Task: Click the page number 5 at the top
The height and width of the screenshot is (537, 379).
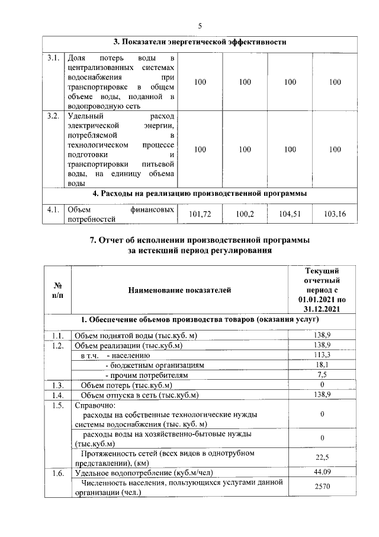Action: (x=200, y=25)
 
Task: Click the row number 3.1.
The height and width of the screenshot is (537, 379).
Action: (x=53, y=58)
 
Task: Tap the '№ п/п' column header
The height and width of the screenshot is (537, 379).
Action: (x=57, y=290)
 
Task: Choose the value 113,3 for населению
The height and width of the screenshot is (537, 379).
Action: (x=322, y=355)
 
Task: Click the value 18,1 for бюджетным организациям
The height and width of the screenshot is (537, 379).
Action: (x=322, y=366)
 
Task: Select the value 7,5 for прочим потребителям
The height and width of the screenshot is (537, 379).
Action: (x=322, y=376)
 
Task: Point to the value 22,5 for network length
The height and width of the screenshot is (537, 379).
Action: (x=322, y=457)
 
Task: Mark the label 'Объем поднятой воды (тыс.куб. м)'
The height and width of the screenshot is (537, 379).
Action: (x=135, y=336)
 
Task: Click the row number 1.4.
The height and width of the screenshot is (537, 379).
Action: (x=57, y=395)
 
